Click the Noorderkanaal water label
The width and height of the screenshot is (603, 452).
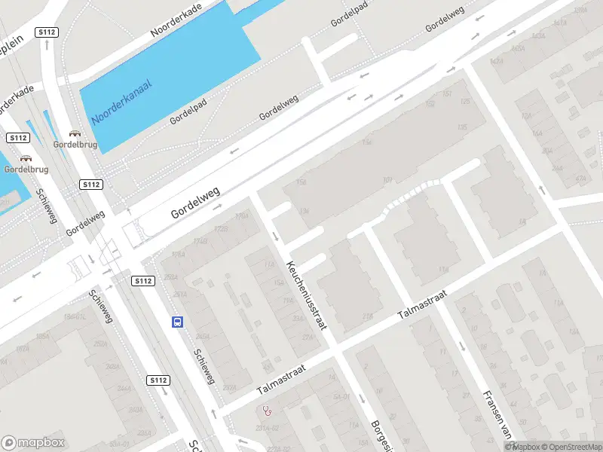tap(121, 102)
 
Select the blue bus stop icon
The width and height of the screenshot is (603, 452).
tap(177, 322)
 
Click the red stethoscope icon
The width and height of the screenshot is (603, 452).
tap(267, 411)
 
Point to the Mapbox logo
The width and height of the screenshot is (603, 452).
tap(33, 442)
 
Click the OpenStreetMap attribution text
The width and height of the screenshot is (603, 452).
tap(569, 447)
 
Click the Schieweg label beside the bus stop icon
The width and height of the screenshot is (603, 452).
tap(204, 365)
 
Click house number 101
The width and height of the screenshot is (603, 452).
tap(387, 180)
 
